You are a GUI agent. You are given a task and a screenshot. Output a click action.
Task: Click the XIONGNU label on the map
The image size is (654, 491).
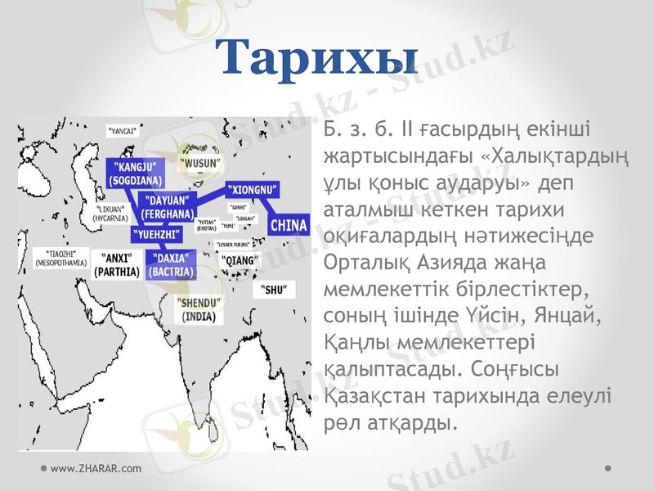pos(253,189)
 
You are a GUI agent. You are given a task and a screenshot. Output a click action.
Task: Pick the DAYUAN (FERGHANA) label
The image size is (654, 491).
pos(168,206)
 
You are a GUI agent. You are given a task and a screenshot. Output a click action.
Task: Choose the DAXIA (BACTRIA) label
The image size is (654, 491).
pos(172,264)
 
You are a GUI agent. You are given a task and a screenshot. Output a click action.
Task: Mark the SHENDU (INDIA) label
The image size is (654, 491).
pos(199,309)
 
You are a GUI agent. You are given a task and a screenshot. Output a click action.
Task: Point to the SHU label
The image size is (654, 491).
pos(274,290)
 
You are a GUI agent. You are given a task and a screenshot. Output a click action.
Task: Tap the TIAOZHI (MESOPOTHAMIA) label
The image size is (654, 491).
pos(60,259)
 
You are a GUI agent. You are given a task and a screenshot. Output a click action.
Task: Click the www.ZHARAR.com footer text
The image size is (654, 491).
pos(95,468)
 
